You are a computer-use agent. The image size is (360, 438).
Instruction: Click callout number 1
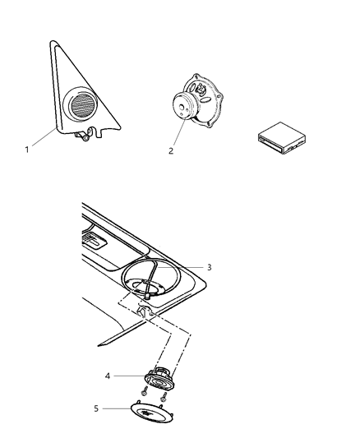[x=27, y=150]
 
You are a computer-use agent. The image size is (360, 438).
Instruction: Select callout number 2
[x=171, y=151]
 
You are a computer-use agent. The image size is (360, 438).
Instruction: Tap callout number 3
[x=210, y=267]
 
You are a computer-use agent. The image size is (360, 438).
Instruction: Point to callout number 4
[x=108, y=376]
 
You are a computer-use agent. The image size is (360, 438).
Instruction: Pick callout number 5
[x=96, y=408]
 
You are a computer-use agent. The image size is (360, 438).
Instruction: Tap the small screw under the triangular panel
[x=86, y=138]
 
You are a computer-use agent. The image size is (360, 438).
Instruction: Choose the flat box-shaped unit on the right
[x=282, y=138]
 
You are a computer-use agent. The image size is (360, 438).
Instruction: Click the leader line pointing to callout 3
[x=181, y=267]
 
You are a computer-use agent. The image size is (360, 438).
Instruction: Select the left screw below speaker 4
[x=145, y=391]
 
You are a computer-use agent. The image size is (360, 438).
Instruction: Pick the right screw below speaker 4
[x=164, y=397]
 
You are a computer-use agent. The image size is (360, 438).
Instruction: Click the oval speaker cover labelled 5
[x=152, y=413]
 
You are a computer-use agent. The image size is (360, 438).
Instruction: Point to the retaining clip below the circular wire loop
[x=144, y=311]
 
